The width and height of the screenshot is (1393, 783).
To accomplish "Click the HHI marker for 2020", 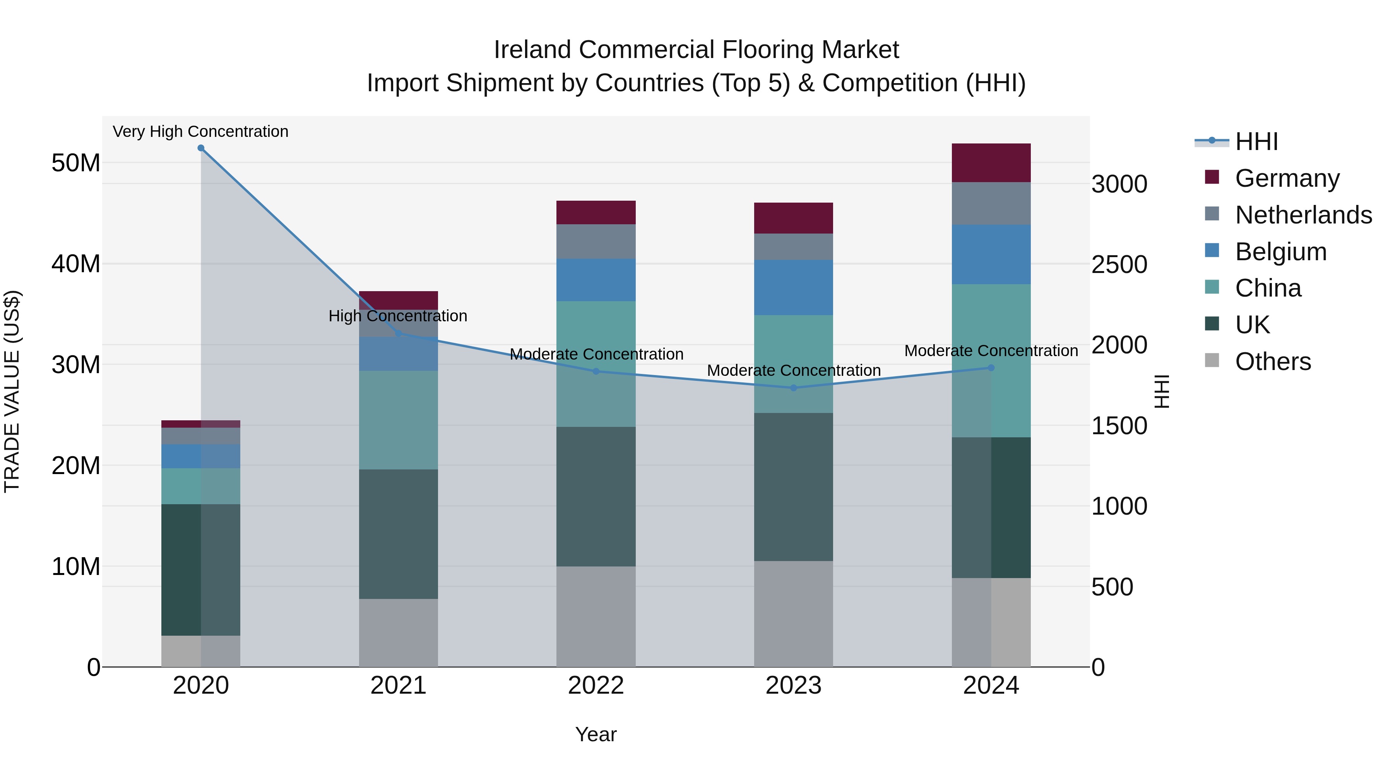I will click(200, 148).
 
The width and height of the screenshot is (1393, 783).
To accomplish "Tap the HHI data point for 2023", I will click(793, 388).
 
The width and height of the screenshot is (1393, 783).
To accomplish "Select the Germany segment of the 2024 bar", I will click(991, 163).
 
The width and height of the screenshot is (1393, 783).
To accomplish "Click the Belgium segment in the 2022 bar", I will click(596, 280).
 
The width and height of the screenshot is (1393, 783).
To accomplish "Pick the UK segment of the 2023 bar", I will click(793, 487).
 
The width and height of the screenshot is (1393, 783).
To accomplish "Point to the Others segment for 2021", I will click(398, 633).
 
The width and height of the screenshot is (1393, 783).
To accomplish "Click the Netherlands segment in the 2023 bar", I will click(793, 247).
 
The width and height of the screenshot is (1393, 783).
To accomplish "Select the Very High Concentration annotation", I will click(200, 131).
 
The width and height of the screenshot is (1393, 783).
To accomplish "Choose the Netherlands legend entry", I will click(1303, 215).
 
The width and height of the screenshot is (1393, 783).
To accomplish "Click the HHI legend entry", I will click(1256, 142).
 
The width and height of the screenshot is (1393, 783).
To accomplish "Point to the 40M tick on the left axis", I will click(76, 264).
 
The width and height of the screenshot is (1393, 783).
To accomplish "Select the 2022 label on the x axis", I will click(596, 686).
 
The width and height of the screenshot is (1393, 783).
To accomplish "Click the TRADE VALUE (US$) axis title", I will click(12, 391).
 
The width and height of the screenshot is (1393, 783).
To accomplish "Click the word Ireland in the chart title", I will click(533, 50).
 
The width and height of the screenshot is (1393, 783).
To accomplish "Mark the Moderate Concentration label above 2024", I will click(991, 351).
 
